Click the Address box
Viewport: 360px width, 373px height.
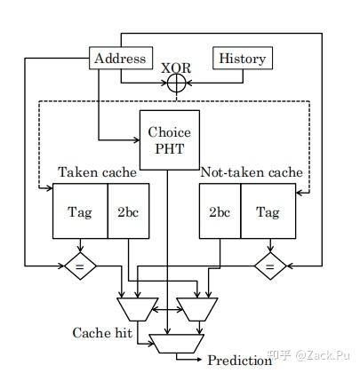point(118,59)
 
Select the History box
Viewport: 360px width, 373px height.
point(241,59)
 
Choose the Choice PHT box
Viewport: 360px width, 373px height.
point(169,139)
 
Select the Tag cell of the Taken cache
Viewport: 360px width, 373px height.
point(80,212)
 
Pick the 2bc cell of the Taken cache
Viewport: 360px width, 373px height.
point(124,212)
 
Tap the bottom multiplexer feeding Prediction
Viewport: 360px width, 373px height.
point(176,341)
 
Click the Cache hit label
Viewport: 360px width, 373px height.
point(101,331)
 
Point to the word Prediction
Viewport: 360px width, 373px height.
point(239,360)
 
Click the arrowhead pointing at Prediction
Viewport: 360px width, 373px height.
point(199,360)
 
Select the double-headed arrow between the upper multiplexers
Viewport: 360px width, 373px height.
point(168,309)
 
